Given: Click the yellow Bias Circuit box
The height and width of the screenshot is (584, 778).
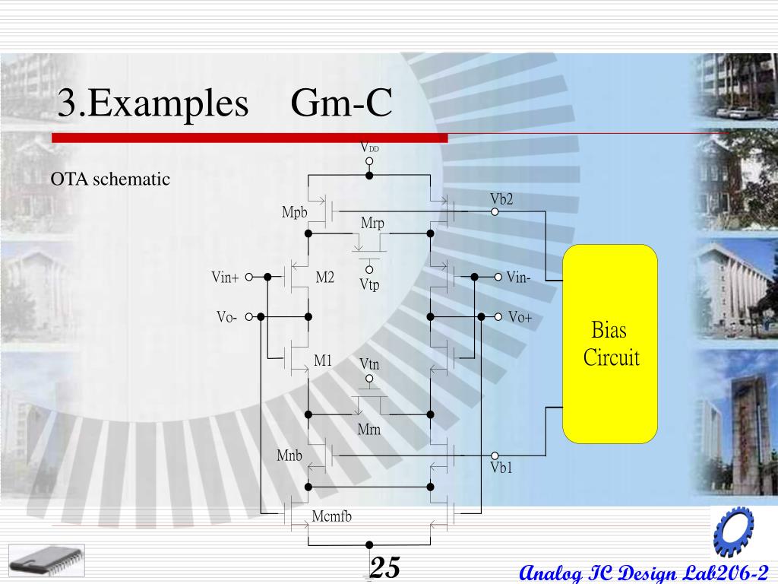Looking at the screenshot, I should (609, 344).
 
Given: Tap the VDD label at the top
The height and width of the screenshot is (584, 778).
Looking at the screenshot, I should (369, 148).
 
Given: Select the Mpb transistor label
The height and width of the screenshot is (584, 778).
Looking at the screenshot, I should (294, 212).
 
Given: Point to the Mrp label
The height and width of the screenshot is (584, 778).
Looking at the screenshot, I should (372, 224).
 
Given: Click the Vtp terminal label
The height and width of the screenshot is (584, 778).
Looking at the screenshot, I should (369, 285).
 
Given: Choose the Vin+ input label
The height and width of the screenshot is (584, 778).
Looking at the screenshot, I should (225, 278).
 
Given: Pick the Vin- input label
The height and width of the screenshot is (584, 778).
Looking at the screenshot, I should (519, 278).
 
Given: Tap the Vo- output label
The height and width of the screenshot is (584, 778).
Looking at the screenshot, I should (226, 318).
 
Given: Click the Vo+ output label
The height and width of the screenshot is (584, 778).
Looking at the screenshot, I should (520, 317).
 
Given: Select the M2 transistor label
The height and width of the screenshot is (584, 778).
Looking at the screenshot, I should (324, 278).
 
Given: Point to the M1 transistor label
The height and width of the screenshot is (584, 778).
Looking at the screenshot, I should (323, 361).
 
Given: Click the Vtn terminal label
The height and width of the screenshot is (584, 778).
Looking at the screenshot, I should (369, 365).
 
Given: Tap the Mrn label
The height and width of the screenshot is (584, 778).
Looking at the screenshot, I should (369, 430).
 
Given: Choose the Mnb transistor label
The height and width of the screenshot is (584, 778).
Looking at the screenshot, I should (289, 456).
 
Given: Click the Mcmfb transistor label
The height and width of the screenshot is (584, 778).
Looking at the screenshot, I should (332, 517).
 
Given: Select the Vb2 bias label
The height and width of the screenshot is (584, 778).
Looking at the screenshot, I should (501, 199).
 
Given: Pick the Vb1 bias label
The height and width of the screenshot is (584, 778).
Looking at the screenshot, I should (501, 468).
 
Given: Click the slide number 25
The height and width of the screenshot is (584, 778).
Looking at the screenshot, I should (384, 567).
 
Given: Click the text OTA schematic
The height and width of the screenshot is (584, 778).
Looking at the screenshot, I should (110, 179).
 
